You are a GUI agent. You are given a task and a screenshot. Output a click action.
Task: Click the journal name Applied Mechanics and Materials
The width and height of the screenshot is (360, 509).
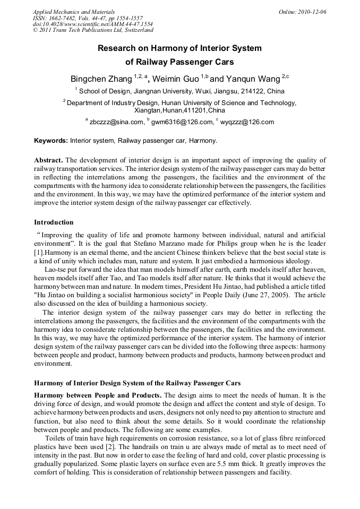pos(73,12)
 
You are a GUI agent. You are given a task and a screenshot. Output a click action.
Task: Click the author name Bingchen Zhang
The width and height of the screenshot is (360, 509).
pos(101,79)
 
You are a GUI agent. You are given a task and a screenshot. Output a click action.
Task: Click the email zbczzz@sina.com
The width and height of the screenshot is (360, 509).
pos(116,122)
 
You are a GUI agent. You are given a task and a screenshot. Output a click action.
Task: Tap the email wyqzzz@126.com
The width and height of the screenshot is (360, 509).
pos(246,122)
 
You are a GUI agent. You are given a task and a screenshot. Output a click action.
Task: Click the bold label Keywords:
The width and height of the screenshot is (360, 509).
pos(51,141)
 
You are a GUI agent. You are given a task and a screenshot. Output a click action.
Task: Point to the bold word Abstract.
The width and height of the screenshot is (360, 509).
pos(48,160)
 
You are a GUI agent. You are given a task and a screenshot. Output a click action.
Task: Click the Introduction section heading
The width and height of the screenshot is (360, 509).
pos(54,222)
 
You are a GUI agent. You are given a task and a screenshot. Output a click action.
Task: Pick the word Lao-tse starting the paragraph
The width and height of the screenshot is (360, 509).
pos(56,270)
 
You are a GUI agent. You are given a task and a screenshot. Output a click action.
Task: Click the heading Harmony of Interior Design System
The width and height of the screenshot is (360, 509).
pos(137,383)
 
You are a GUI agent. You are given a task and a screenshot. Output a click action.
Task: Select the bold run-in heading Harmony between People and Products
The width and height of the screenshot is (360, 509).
pos(98,395)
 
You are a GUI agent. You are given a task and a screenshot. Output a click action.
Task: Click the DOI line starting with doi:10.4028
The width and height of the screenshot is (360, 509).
pos(92,24)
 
